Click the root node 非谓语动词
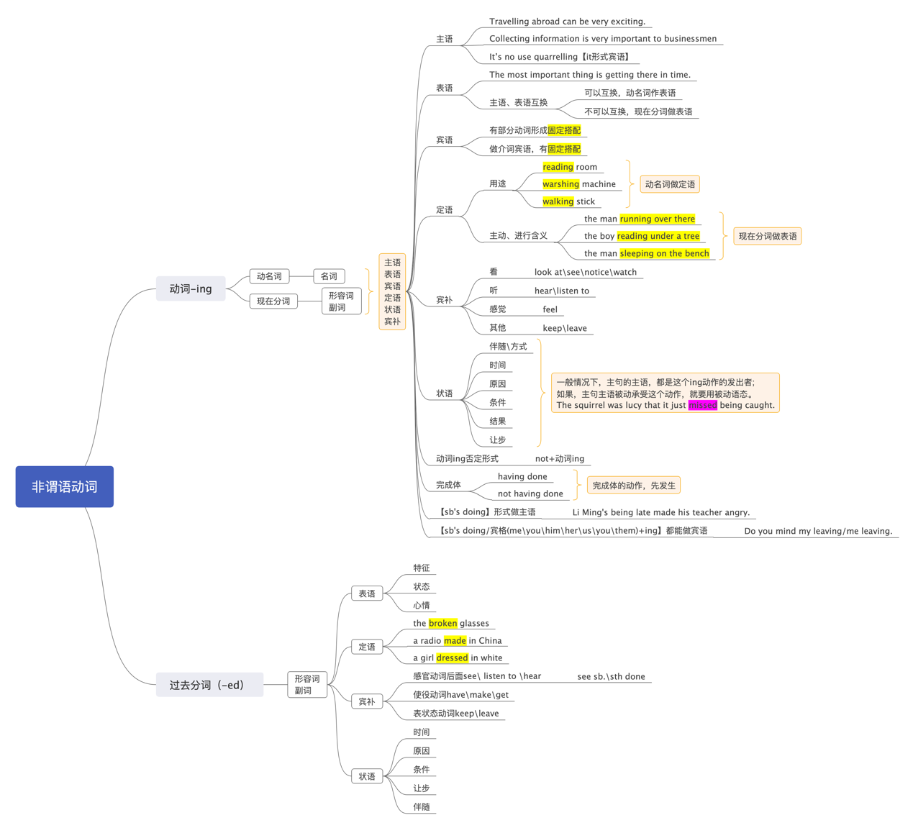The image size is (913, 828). [x=64, y=486]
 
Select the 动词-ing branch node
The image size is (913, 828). [x=191, y=288]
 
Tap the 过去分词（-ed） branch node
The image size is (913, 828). [x=209, y=685]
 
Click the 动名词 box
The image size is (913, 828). [x=269, y=276]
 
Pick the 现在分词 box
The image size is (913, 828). [x=273, y=301]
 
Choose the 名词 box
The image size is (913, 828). [x=329, y=276]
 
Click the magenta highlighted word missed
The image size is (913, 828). [x=702, y=405]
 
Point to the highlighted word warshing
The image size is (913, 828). [x=560, y=184]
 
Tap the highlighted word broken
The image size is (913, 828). [x=442, y=623]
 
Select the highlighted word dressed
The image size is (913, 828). [x=452, y=658]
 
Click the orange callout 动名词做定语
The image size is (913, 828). [x=670, y=184]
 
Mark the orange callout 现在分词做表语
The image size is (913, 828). [x=767, y=236]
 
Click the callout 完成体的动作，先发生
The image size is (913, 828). [x=633, y=486]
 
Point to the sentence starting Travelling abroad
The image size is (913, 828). [x=567, y=22]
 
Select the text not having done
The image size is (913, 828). [x=530, y=493]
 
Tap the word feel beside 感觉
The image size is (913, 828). [x=550, y=309]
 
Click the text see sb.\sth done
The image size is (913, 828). [x=611, y=676]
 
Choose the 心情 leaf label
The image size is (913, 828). [x=421, y=605]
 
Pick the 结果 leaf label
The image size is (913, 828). [x=497, y=421]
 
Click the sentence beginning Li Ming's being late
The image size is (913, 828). [x=660, y=512]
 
